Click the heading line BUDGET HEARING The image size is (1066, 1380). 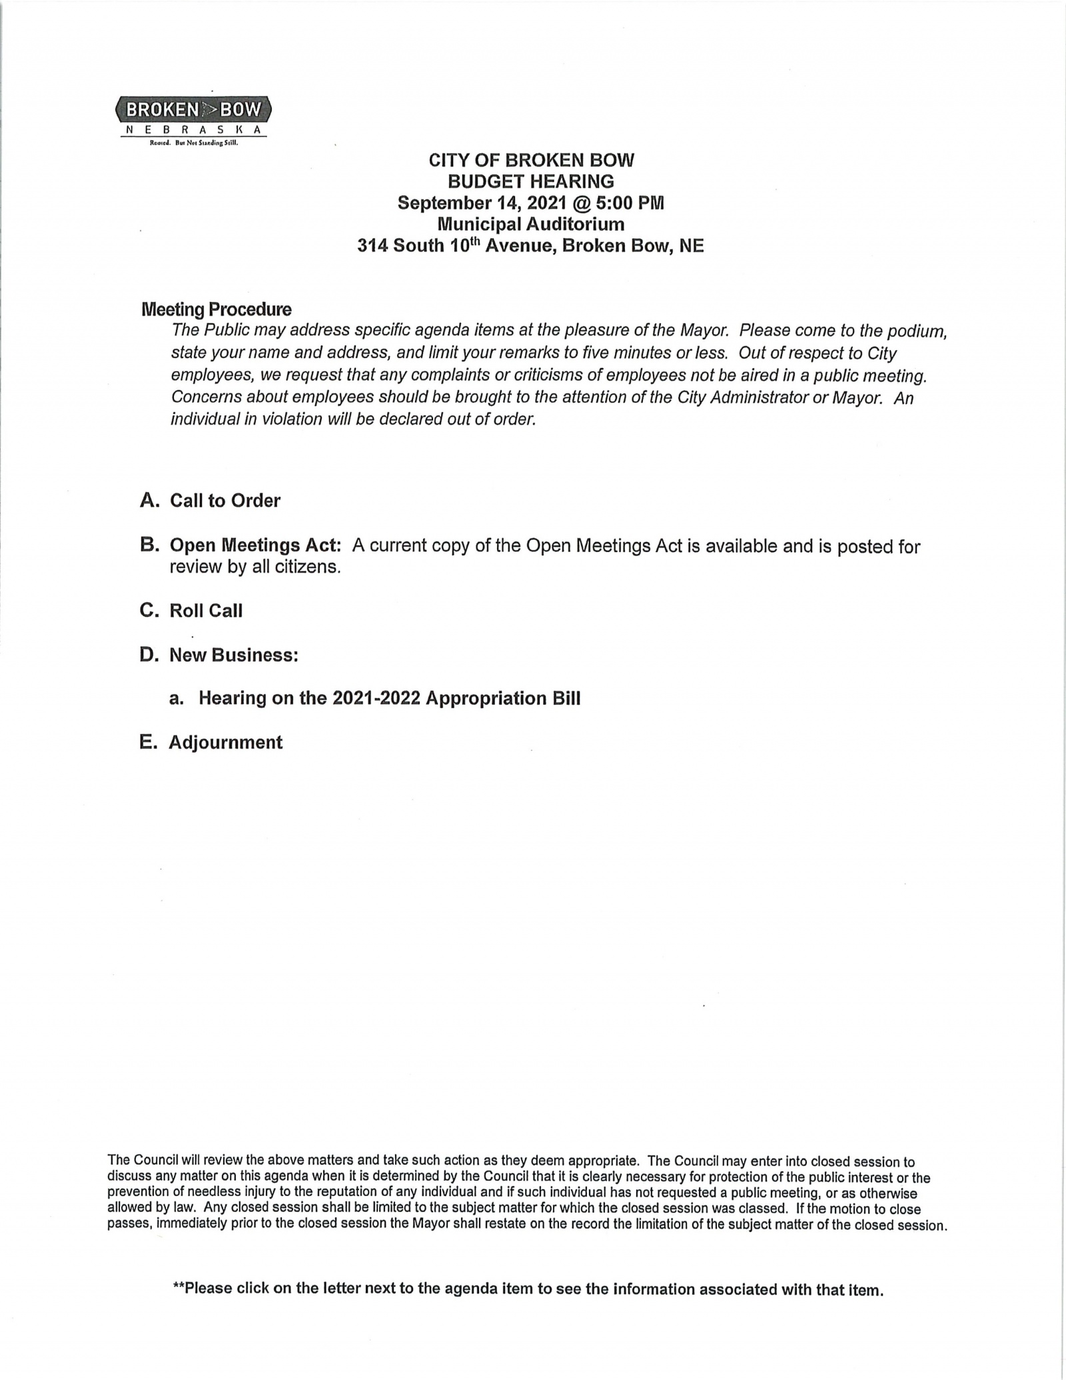point(530,181)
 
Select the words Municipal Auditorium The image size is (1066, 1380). point(530,224)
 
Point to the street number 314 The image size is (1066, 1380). point(372,246)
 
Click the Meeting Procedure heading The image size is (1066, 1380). point(217,309)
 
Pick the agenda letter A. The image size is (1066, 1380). point(149,501)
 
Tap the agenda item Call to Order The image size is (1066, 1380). point(225,501)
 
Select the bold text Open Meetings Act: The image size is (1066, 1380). point(256,545)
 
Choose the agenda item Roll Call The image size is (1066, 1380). point(206,611)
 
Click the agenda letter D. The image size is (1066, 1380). point(149,655)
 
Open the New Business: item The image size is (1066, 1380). point(234,655)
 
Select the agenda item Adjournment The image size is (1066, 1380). point(225,742)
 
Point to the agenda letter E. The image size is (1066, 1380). point(148,742)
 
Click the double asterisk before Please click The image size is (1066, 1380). point(178,1287)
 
